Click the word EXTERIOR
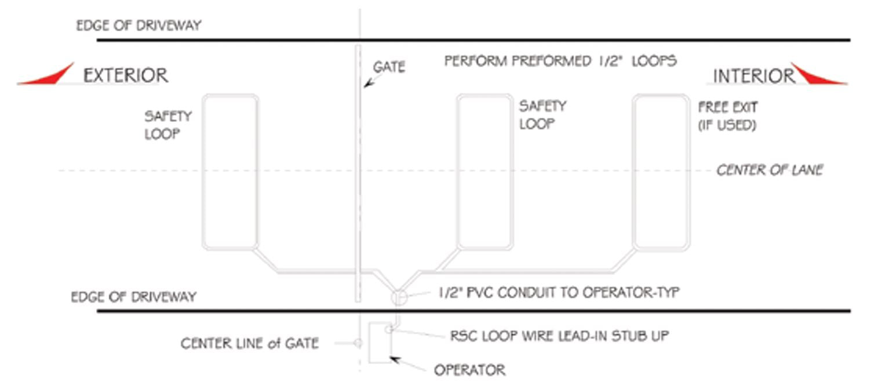coord(126,75)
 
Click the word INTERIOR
coord(753,76)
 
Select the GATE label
coord(388,67)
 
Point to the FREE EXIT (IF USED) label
coord(727,116)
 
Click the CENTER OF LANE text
coord(770,170)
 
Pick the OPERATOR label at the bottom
coord(469,370)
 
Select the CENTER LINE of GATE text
coord(250,343)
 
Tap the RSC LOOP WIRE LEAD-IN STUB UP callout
coord(559,336)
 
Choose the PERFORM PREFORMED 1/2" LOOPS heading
coord(560,61)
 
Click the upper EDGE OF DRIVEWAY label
coord(139,26)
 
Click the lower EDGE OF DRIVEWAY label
coord(133,297)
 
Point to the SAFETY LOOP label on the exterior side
coord(167,125)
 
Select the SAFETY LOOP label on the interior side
coord(542,115)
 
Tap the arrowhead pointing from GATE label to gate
coord(367,85)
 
